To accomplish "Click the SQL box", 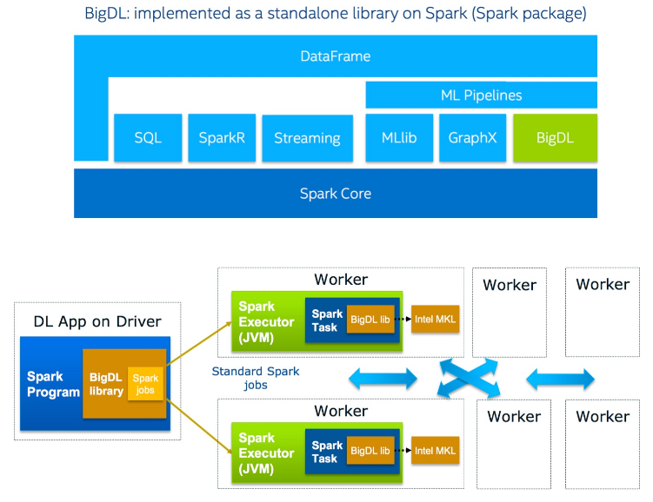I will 148,137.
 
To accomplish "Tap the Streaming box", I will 307,138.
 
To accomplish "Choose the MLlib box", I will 399,137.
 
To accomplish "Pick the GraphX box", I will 472,137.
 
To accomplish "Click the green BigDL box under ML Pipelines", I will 555,137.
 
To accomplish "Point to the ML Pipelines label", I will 481,96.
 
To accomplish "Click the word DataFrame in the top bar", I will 335,56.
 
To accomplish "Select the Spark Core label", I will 335,193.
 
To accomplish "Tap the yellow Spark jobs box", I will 145,384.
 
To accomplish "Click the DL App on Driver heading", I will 97,321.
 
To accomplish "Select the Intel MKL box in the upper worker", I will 435,319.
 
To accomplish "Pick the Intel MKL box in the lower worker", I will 435,451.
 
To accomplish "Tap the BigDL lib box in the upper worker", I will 370,320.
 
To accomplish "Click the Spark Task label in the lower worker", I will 325,452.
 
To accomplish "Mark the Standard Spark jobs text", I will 256,378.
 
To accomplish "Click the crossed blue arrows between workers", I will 472,379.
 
